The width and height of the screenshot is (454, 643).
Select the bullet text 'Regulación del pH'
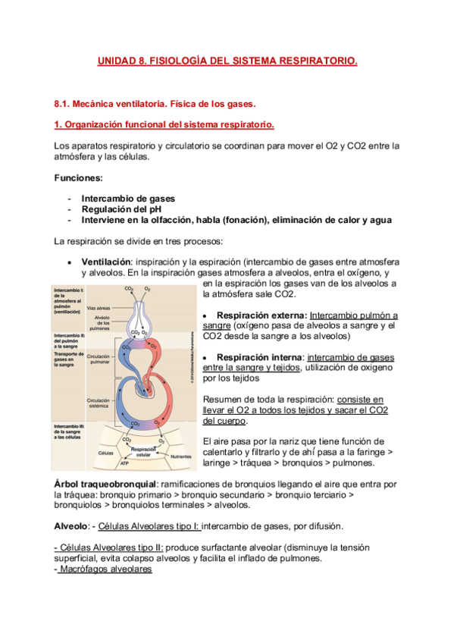(121, 209)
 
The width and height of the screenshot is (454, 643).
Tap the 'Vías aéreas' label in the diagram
(99, 307)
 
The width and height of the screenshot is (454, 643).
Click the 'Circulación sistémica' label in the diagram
(99, 401)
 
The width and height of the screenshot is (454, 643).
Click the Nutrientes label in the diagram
(181, 456)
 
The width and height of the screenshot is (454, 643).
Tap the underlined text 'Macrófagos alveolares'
(105, 569)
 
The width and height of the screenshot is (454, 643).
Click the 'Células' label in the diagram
(105, 453)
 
